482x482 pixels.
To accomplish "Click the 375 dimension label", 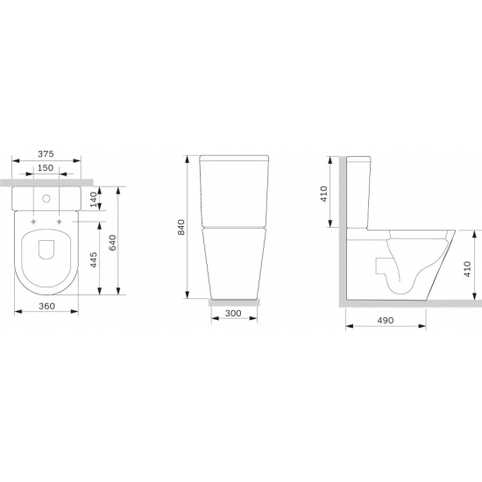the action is click(46, 153).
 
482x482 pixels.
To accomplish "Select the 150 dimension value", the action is click(46, 168).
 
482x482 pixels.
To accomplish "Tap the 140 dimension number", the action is click(94, 199).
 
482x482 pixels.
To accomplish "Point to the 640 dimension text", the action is click(113, 242).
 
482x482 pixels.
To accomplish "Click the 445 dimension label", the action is click(94, 259).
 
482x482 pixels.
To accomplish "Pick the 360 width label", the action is click(46, 306).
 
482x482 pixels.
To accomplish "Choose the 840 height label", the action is click(181, 227).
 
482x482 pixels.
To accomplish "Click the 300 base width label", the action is click(233, 313).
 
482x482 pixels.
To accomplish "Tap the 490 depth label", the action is click(386, 320).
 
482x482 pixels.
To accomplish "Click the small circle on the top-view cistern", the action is click(46, 199).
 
